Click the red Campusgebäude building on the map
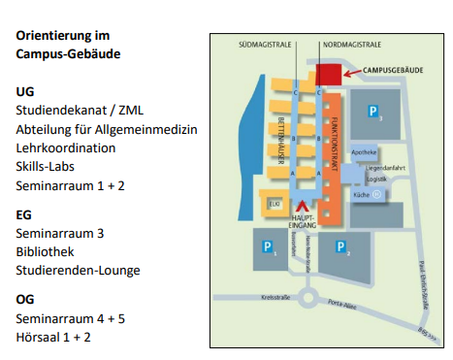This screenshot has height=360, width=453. (328, 75)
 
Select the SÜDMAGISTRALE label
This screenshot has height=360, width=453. (266, 45)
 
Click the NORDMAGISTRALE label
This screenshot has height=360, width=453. (352, 45)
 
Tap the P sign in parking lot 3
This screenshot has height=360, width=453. (372, 114)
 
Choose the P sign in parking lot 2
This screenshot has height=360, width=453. (340, 246)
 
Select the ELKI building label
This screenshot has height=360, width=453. (275, 204)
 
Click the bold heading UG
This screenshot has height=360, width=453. (25, 91)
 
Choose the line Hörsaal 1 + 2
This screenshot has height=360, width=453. (54, 336)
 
